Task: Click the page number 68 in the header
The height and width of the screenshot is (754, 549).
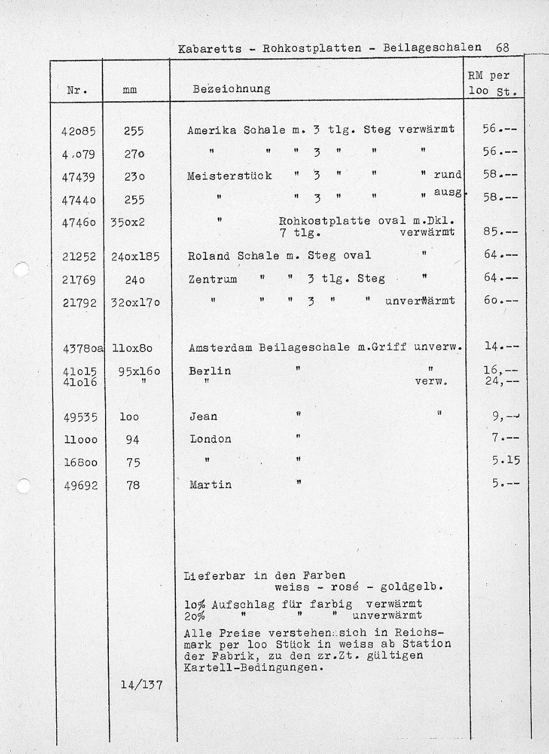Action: pyautogui.click(x=502, y=47)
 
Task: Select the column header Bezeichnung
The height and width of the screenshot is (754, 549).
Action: pyautogui.click(x=231, y=88)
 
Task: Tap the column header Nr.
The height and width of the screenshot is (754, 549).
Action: pyautogui.click(x=77, y=91)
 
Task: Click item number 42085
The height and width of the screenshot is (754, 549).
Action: pyautogui.click(x=80, y=130)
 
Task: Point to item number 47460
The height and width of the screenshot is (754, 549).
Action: pyautogui.click(x=79, y=221)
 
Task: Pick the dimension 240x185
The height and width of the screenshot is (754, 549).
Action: pyautogui.click(x=136, y=257)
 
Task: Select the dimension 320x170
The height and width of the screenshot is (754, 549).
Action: pyautogui.click(x=136, y=302)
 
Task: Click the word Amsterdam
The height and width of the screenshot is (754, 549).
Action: pyautogui.click(x=221, y=348)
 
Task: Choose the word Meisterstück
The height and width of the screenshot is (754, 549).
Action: pyautogui.click(x=229, y=176)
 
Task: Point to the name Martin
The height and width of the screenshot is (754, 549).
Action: pyautogui.click(x=211, y=485)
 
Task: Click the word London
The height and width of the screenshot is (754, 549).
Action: pyautogui.click(x=211, y=439)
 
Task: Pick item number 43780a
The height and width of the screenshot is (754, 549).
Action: pyautogui.click(x=84, y=348)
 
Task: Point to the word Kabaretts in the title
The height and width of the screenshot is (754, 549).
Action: pyautogui.click(x=210, y=49)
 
